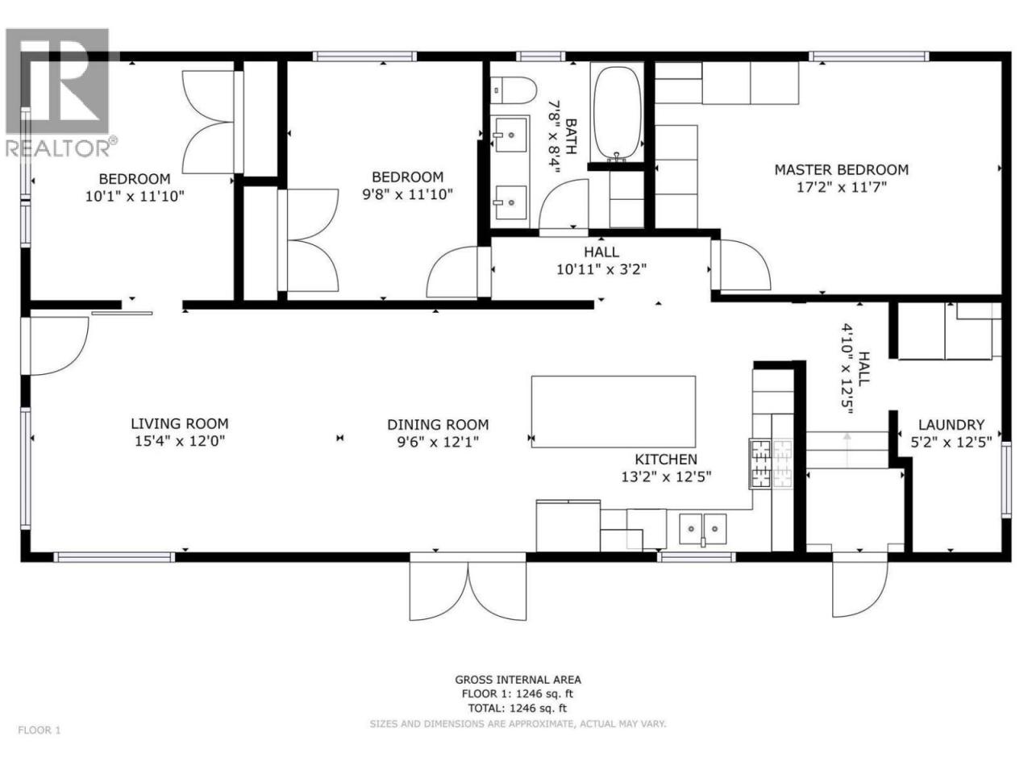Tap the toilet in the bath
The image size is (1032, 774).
pos(514,90)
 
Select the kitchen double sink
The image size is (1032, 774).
pos(702,529)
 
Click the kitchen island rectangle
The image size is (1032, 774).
pos(613,412)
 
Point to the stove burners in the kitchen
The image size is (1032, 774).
pos(772,464)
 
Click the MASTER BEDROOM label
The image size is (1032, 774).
pos(841,169)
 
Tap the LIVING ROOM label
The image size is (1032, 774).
pos(180,423)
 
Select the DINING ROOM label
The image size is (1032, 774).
pos(438,425)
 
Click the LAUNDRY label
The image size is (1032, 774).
pos(951,425)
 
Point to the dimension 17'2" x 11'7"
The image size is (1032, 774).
pos(841,188)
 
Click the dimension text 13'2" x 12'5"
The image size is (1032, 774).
pos(666,477)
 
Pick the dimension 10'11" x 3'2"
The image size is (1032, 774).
pos(601,269)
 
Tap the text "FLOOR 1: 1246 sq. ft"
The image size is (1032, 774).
pos(517,693)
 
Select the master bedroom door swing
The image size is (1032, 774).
pos(742,264)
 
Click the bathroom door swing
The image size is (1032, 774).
pos(564,207)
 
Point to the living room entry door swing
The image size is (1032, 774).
pos(55,347)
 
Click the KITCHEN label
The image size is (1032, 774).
pos(666,459)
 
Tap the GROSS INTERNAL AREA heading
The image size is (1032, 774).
pos(518,680)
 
